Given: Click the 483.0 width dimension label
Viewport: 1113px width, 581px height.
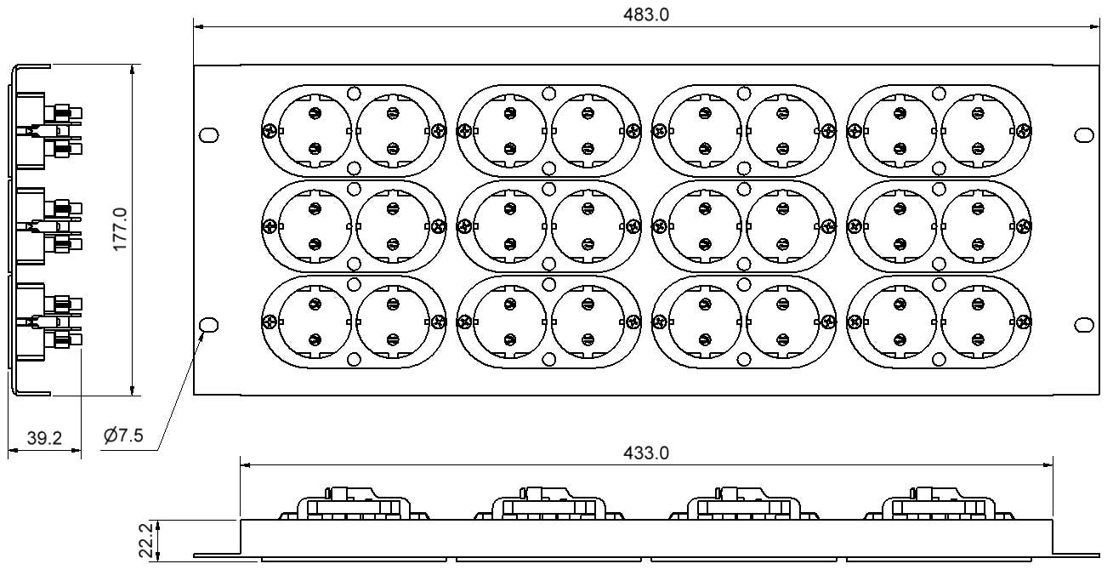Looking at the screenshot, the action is pyautogui.click(x=646, y=14).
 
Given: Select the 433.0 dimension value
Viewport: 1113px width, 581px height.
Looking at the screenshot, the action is pyautogui.click(x=646, y=453).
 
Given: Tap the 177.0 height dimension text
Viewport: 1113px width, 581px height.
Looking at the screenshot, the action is pyautogui.click(x=120, y=229).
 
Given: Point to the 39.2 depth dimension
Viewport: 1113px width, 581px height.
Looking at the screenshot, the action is pyautogui.click(x=44, y=438).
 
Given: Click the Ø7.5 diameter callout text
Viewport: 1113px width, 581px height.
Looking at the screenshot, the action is pyautogui.click(x=123, y=436).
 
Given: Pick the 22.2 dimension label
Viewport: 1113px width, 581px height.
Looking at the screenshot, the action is pyautogui.click(x=146, y=540).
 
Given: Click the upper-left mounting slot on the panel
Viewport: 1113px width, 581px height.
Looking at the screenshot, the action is pyautogui.click(x=208, y=134).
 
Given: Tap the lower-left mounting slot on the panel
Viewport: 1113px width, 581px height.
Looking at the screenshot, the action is pyautogui.click(x=208, y=325).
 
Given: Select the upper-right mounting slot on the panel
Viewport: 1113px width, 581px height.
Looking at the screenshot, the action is pyautogui.click(x=1084, y=134).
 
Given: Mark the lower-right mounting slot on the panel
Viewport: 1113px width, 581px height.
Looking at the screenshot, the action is pyautogui.click(x=1084, y=325).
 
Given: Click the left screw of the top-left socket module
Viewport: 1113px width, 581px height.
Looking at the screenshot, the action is pyautogui.click(x=269, y=131).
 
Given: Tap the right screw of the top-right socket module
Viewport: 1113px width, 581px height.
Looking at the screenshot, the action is pyautogui.click(x=1024, y=131).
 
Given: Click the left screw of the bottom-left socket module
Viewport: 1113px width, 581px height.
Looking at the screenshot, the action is pyautogui.click(x=269, y=322).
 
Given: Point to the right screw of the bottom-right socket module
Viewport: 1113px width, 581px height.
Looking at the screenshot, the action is pyautogui.click(x=1024, y=322).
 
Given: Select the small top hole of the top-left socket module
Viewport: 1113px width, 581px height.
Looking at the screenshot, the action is pyautogui.click(x=354, y=93).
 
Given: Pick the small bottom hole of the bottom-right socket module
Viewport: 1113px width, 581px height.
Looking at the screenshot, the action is pyautogui.click(x=939, y=359).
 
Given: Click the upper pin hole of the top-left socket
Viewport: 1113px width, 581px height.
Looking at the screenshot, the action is pyautogui.click(x=315, y=113).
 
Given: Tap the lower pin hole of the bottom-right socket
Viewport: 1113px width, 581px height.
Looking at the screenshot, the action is pyautogui.click(x=978, y=340).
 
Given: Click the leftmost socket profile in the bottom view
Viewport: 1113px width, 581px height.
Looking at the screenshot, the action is pyautogui.click(x=353, y=504).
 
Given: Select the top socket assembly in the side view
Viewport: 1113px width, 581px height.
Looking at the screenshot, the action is pyautogui.click(x=48, y=130).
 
